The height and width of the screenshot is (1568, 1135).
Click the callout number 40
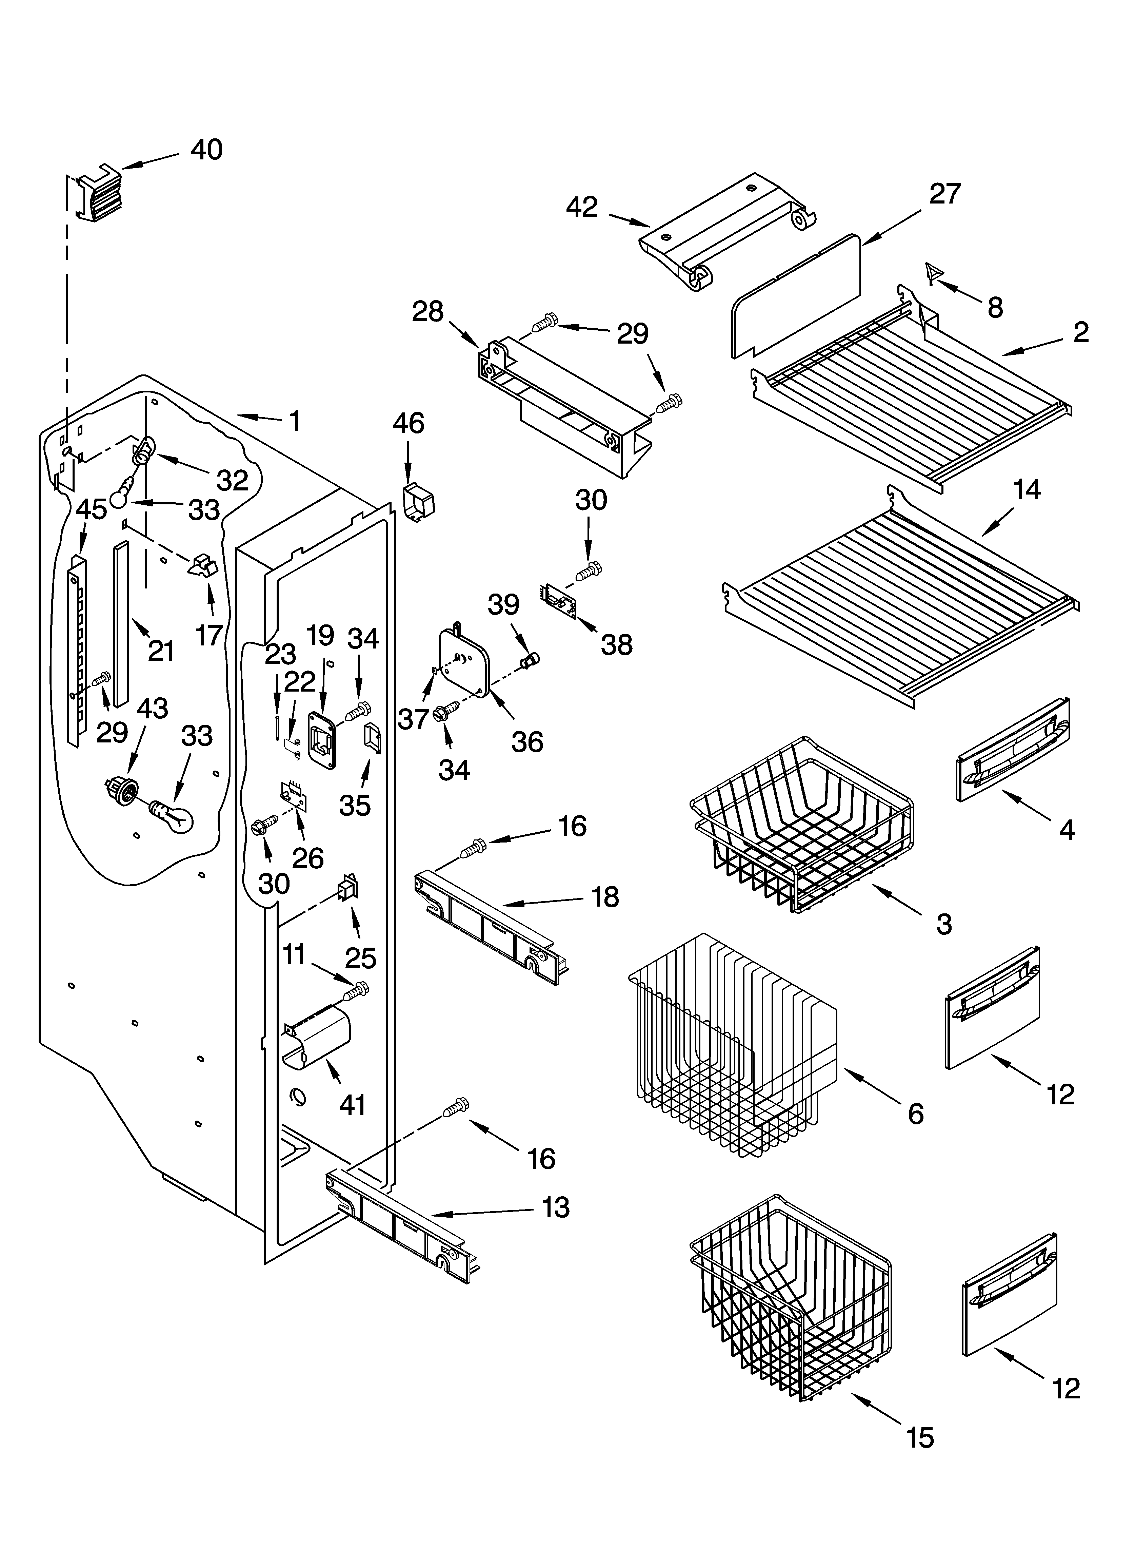206,150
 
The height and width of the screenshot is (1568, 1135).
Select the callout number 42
582,207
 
